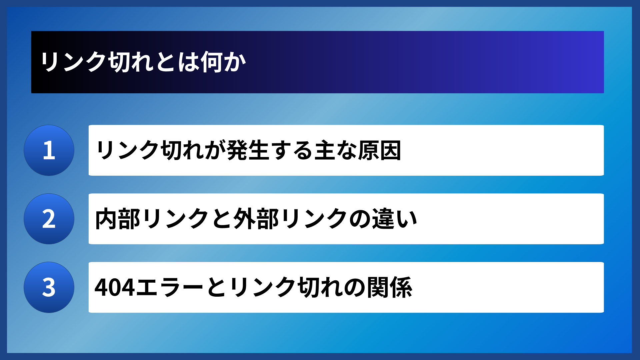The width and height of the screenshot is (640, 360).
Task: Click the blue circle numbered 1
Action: coord(49,150)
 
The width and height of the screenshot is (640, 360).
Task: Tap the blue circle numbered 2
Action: coord(49,219)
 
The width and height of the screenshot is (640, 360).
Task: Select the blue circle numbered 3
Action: coord(49,287)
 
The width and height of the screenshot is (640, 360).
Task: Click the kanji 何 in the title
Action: coord(212,62)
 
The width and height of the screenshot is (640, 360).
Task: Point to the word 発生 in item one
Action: coord(248,150)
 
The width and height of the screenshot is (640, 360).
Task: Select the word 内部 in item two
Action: coord(117,219)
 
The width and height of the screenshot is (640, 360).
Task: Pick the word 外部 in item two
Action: coord(256,219)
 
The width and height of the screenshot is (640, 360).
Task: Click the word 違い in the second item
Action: coord(395,219)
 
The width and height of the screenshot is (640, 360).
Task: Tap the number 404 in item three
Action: coord(115,287)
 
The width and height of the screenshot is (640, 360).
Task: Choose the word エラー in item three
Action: coord(170,287)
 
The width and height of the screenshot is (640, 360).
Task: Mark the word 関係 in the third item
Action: coord(390,287)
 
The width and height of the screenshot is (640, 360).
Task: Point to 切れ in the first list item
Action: coord(182,150)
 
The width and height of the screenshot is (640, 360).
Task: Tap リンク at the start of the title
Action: coord(73,62)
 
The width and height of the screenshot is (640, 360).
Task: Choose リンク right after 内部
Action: coord(176,219)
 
